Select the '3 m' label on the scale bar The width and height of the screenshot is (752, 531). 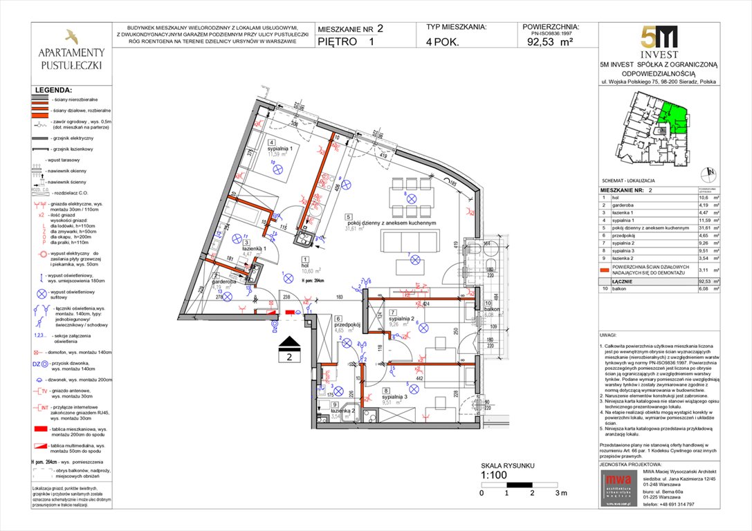560,493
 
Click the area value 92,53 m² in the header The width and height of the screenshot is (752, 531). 549,41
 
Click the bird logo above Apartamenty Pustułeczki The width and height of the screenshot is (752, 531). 71,37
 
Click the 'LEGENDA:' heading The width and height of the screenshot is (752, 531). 53,90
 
